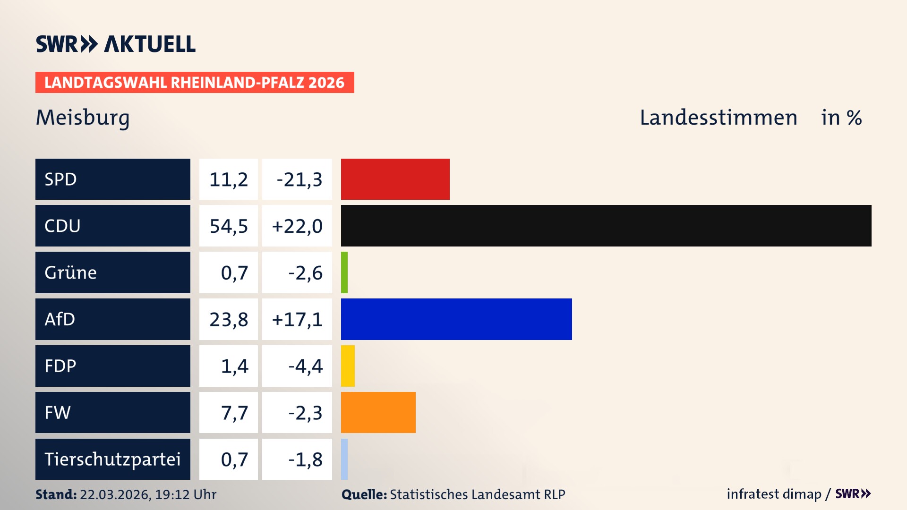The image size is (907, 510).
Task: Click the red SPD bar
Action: click(395, 179)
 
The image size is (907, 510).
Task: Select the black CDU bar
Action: click(606, 226)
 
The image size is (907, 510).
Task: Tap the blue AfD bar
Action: click(456, 319)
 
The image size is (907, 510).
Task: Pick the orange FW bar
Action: click(378, 412)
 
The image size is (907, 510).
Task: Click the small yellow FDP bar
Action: click(348, 366)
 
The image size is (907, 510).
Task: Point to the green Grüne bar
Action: click(344, 272)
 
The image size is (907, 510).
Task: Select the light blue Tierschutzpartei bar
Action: click(344, 459)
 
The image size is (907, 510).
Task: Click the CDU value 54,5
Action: click(229, 226)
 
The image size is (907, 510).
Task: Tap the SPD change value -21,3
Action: click(299, 179)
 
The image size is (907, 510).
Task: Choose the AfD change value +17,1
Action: click(297, 320)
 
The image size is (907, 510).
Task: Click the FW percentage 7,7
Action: click(234, 413)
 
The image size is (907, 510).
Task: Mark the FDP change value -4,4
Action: click(305, 366)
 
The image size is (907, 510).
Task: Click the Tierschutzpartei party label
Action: click(112, 459)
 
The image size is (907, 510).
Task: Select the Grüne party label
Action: click(70, 272)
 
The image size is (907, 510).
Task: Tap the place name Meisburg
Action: click(83, 118)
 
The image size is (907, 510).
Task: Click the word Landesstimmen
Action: click(718, 118)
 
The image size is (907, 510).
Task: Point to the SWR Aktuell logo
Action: click(116, 44)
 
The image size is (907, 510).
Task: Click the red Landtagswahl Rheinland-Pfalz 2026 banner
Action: click(194, 83)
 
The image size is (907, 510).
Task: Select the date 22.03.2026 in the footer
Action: click(115, 494)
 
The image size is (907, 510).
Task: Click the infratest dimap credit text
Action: click(773, 494)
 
